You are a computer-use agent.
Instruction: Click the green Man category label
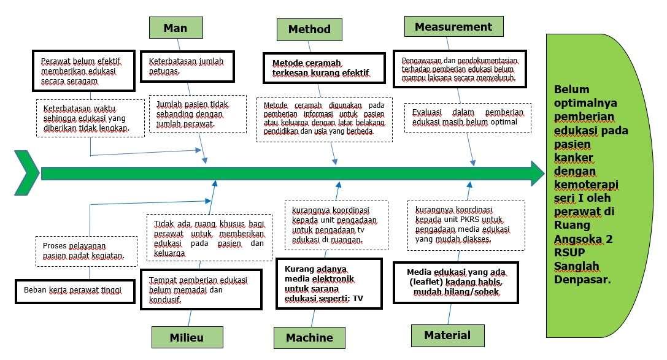pos(175,28)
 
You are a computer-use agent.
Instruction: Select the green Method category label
pos(309,29)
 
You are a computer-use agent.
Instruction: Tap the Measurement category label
pos(453,26)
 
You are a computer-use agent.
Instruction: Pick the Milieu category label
pos(187,337)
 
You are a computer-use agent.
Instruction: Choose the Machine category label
pos(309,337)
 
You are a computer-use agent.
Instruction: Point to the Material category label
pos(448,335)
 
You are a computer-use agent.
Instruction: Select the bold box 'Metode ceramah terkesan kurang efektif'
pos(324,68)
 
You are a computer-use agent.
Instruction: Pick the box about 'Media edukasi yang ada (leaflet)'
pos(455,282)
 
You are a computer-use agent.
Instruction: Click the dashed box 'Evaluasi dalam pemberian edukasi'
pos(468,117)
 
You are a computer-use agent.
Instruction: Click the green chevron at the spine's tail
pos(26,174)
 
